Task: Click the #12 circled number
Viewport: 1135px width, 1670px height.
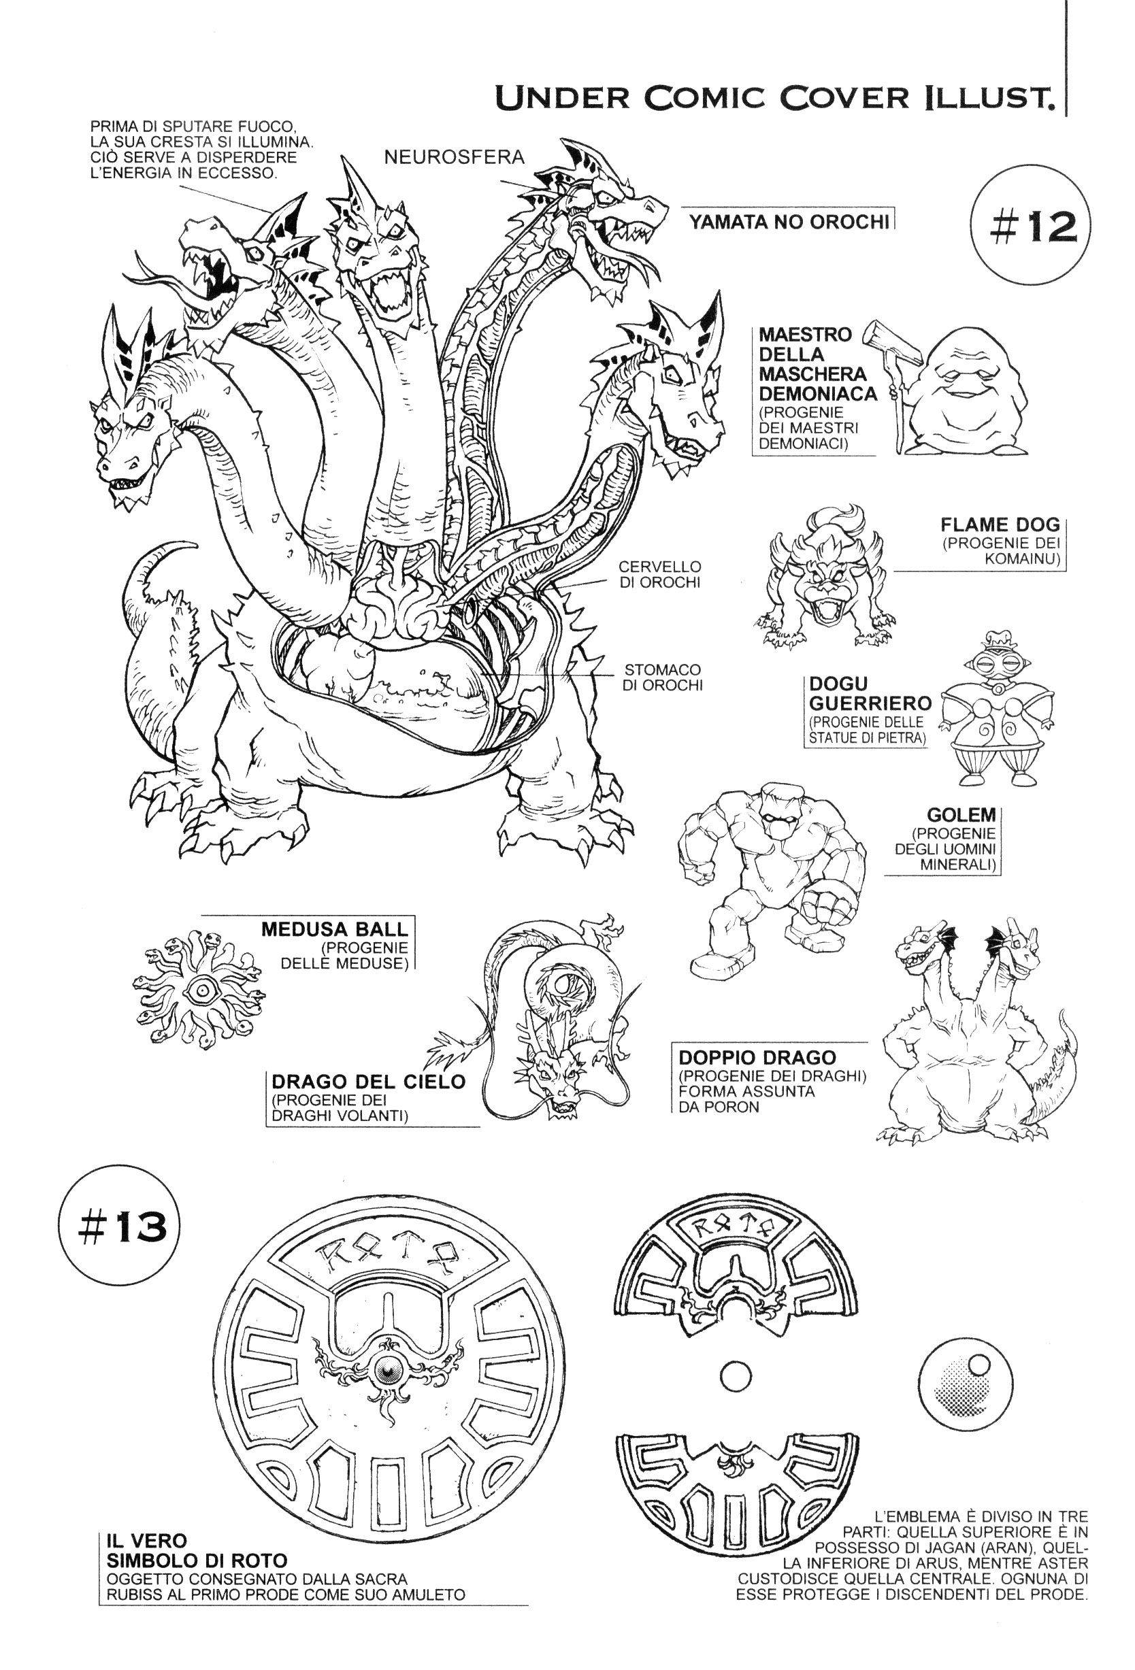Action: (x=1029, y=227)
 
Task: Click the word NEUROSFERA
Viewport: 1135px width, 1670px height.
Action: (x=455, y=156)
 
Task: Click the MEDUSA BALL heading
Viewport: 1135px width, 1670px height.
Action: (x=335, y=927)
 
